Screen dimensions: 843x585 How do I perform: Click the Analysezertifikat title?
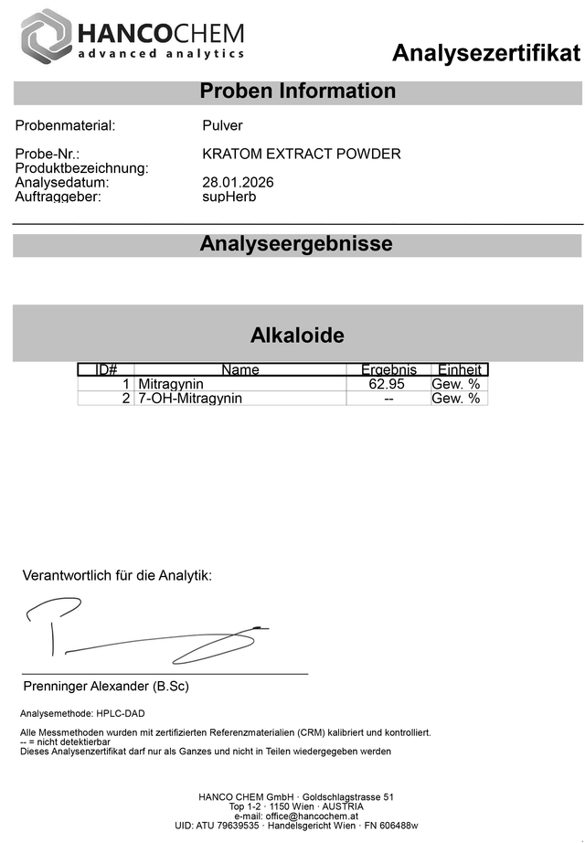[x=485, y=53]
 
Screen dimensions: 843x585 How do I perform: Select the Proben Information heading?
[x=297, y=91]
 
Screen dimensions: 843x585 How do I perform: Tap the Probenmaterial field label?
[x=65, y=126]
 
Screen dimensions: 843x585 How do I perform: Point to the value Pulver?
[x=222, y=126]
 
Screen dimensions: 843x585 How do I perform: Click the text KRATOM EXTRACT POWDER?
[x=301, y=154]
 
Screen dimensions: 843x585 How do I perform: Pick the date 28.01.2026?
[x=238, y=183]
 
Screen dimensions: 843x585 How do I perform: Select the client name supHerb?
[x=229, y=197]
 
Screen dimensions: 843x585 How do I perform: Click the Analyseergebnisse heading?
[x=296, y=244]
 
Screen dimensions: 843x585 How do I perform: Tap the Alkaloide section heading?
[x=297, y=335]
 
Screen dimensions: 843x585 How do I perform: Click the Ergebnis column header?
[x=388, y=369]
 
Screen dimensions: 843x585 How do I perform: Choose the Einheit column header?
[x=459, y=369]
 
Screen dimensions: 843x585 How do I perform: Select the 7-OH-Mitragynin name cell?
[x=190, y=399]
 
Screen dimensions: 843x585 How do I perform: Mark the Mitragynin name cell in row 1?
[x=171, y=384]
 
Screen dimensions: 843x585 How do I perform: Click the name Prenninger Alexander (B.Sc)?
[x=105, y=686]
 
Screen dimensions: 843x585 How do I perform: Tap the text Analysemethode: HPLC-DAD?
[x=82, y=713]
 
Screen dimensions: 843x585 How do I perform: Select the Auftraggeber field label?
[x=58, y=197]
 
